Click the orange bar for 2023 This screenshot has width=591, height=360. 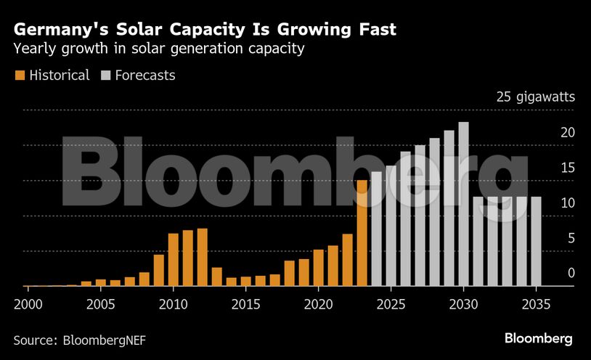click(362, 233)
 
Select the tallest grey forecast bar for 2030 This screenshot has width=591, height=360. click(463, 204)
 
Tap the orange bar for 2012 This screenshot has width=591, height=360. click(202, 258)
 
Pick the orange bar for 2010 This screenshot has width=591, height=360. click(173, 260)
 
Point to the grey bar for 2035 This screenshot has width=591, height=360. click(536, 242)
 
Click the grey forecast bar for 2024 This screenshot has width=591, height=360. click(376, 229)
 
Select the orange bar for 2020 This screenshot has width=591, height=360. click(318, 268)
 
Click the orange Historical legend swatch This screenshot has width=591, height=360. click(19, 75)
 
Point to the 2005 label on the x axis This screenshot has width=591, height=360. click(101, 302)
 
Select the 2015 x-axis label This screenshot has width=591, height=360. click(246, 302)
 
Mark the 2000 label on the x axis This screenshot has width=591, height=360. click(28, 302)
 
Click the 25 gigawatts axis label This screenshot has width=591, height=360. click(536, 97)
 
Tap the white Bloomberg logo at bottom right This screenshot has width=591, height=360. click(539, 338)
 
